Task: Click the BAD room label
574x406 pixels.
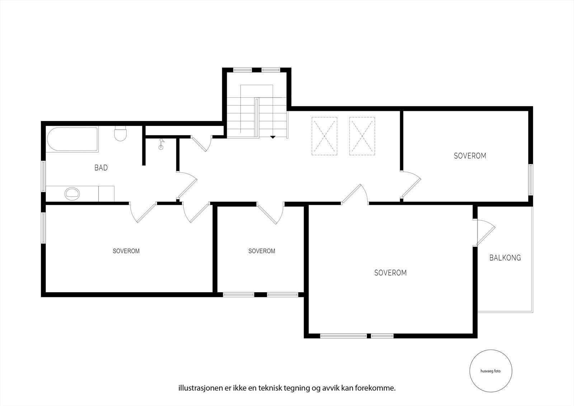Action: [x=101, y=168]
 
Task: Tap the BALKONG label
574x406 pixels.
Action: [x=505, y=258]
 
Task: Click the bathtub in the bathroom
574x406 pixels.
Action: [x=72, y=139]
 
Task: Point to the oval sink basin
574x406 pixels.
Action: [x=72, y=194]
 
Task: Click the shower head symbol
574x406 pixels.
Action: [x=161, y=144]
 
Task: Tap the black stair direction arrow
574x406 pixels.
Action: [x=273, y=137]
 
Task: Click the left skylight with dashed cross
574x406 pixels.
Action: [x=324, y=136]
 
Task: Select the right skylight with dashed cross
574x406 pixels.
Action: [x=362, y=136]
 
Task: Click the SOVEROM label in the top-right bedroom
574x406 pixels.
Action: [x=470, y=156]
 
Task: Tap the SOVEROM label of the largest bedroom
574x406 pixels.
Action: [x=390, y=273]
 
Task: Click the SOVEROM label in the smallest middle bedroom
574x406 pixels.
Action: [x=262, y=251]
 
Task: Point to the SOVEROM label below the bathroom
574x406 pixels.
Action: [x=126, y=251]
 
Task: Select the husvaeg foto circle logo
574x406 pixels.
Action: [x=490, y=371]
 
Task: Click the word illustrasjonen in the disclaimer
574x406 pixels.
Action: [x=197, y=388]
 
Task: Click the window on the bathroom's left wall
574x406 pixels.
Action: [x=43, y=176]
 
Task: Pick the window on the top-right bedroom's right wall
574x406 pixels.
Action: [x=531, y=179]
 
